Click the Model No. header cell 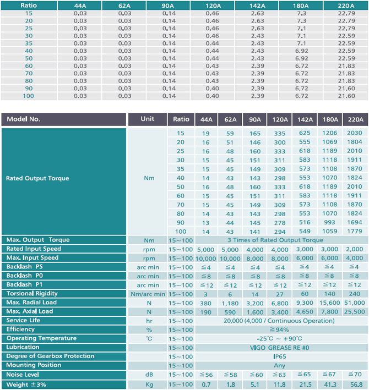tap(63, 119)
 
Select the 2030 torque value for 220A tap(355, 133)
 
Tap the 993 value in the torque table tap(330, 222)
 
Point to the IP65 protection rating tap(280, 356)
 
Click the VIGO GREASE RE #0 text tap(280, 348)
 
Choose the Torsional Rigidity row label tap(32, 294)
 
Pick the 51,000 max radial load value tap(355, 303)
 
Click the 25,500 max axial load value tap(355, 312)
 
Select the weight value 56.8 tap(356, 385)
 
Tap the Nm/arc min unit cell tap(148, 294)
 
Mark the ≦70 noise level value tap(355, 375)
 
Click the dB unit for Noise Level tap(149, 375)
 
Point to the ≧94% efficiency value tap(279, 330)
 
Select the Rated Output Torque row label tap(37, 178)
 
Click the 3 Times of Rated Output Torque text tap(275, 240)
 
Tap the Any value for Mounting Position tap(279, 366)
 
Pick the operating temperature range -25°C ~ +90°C tap(279, 339)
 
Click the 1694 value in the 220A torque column tap(355, 222)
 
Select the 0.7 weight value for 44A tap(206, 385)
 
